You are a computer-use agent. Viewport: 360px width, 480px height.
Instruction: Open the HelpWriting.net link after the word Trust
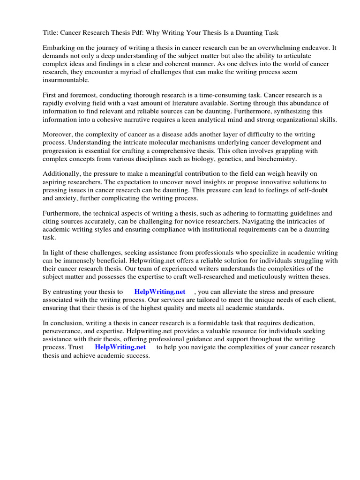click(120, 347)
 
